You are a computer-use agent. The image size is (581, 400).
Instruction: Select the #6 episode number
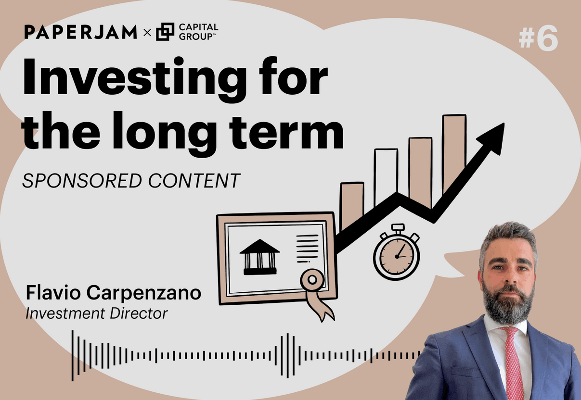click(x=538, y=39)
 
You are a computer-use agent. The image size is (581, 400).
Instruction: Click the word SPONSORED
click(x=82, y=181)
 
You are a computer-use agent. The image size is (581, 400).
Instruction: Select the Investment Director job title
click(x=96, y=314)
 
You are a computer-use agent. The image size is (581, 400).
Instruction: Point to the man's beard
click(x=508, y=301)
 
